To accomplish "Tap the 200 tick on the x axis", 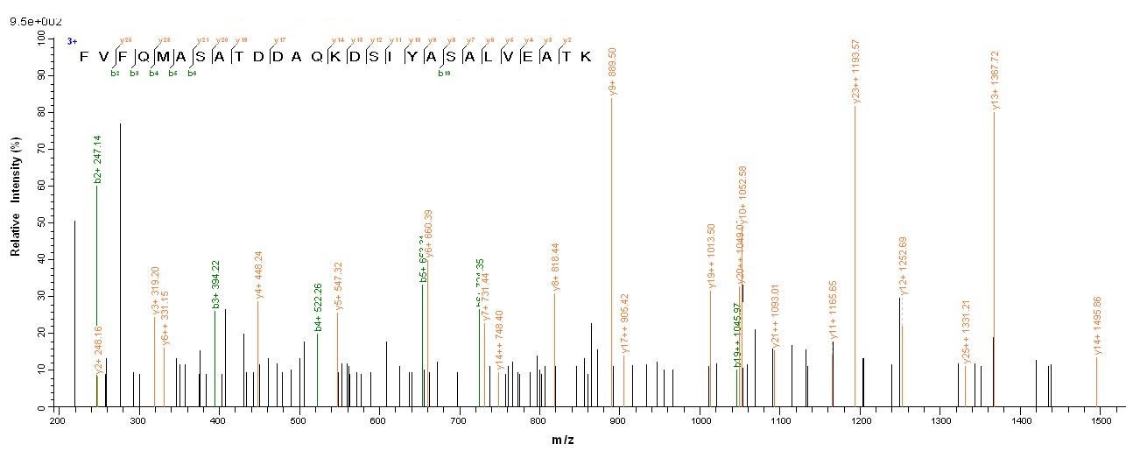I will tap(57, 421).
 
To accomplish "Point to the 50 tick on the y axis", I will tap(40, 223).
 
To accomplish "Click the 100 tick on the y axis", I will tap(39, 39).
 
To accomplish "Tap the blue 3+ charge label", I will tap(72, 41).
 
